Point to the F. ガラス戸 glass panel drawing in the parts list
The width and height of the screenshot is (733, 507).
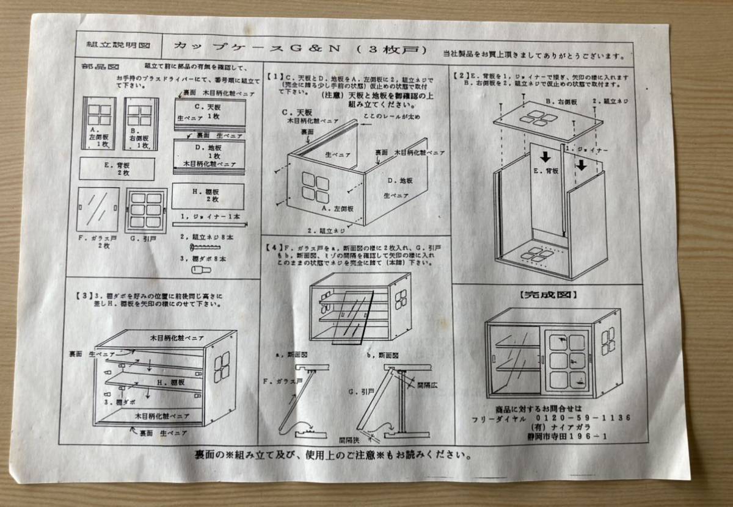pos(98,210)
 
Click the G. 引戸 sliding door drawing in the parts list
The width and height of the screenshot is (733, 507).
pos(146,210)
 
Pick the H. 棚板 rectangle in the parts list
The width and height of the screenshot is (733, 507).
pos(207,196)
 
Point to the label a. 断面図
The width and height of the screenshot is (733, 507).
pos(292,353)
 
